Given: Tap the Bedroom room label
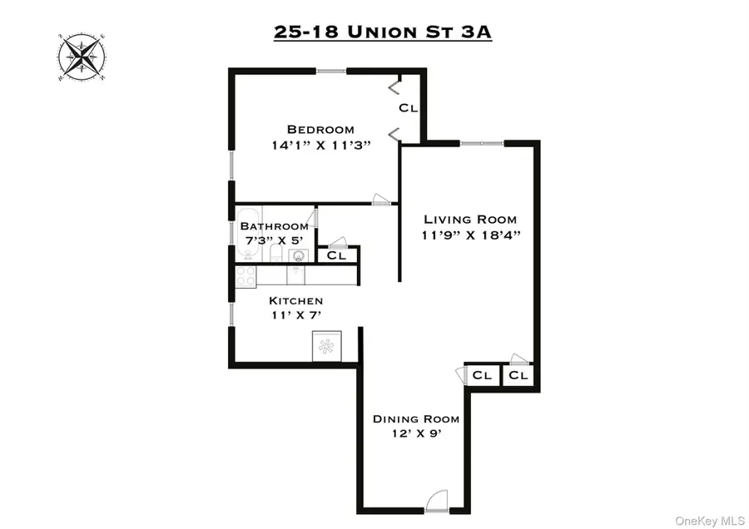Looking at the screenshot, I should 320,129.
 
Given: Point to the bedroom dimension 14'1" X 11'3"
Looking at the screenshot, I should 320,145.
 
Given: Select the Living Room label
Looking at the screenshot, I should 470,220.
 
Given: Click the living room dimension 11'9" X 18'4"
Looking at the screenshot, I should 470,235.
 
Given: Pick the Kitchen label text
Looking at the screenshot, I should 295,300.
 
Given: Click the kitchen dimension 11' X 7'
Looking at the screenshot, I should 295,315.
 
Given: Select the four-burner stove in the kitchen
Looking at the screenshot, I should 246,276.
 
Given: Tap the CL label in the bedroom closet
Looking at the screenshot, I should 408,108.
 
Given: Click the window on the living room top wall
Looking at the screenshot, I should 481,143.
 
